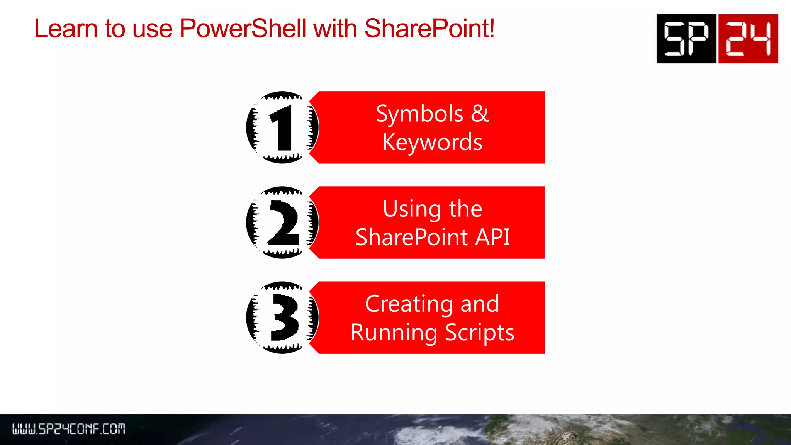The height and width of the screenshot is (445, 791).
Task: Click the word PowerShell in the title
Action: (x=243, y=29)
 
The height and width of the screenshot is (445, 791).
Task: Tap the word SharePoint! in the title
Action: (x=429, y=29)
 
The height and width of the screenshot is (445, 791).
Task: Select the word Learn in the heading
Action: (x=66, y=29)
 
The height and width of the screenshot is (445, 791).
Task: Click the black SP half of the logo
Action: (x=686, y=39)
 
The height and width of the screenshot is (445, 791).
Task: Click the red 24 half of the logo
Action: (x=748, y=39)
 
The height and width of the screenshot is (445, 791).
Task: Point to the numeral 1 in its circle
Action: (x=282, y=127)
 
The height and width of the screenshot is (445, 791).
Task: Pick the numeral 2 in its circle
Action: (x=283, y=223)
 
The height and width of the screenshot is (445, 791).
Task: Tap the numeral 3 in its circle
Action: (x=284, y=318)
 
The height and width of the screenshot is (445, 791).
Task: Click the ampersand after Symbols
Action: (x=480, y=114)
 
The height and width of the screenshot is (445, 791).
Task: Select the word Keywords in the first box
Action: (x=432, y=142)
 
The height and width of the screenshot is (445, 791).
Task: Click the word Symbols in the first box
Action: (x=419, y=114)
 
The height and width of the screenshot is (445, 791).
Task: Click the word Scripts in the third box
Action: (x=480, y=333)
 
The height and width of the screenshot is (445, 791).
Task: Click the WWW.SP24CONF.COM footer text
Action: (x=69, y=429)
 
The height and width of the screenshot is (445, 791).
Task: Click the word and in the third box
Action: (x=480, y=304)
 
